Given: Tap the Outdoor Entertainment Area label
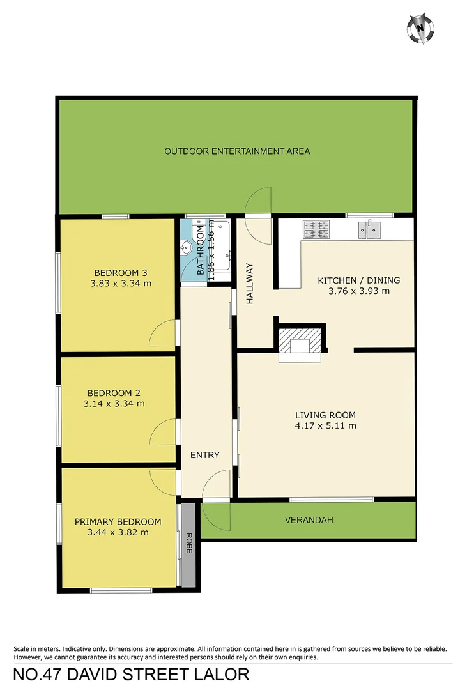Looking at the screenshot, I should (237, 151).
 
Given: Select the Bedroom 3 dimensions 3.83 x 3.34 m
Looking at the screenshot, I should (121, 283).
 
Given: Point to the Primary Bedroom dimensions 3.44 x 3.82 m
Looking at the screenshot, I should (118, 532).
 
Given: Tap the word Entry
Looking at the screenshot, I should (205, 455).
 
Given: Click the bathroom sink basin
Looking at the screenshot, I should (186, 247).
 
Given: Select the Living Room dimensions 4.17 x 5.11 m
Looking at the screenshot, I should (326, 425).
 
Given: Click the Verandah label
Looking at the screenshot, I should (309, 520).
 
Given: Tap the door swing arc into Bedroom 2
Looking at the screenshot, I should (163, 433).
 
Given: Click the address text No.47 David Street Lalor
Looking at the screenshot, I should (132, 674).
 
